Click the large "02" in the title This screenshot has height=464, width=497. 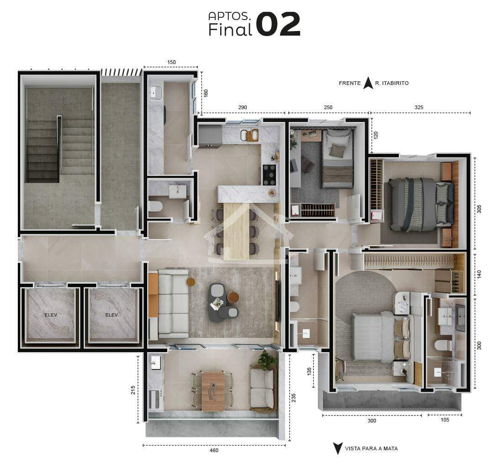[x=278, y=24]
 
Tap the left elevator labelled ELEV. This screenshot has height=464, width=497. [x=51, y=315]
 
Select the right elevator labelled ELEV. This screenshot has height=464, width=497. [x=112, y=315]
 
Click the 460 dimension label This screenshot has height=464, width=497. [x=214, y=450]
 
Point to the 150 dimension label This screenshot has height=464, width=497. [x=171, y=62]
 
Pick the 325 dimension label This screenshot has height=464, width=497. [x=419, y=107]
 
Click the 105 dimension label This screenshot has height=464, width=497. [x=445, y=420]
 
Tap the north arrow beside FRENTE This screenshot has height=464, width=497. [x=368, y=83]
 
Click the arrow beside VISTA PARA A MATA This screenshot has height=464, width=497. [x=338, y=448]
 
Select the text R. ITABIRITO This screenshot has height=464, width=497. [x=392, y=83]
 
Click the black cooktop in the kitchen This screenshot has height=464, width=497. [x=269, y=174]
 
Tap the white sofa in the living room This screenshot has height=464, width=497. [x=173, y=303]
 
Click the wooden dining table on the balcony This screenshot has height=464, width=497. [x=213, y=392]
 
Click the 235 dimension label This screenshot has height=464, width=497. [x=294, y=398]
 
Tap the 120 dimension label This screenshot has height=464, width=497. [x=376, y=135]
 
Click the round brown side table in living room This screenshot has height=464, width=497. [x=233, y=297]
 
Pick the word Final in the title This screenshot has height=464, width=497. [x=230, y=29]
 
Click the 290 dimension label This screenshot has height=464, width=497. [x=243, y=107]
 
